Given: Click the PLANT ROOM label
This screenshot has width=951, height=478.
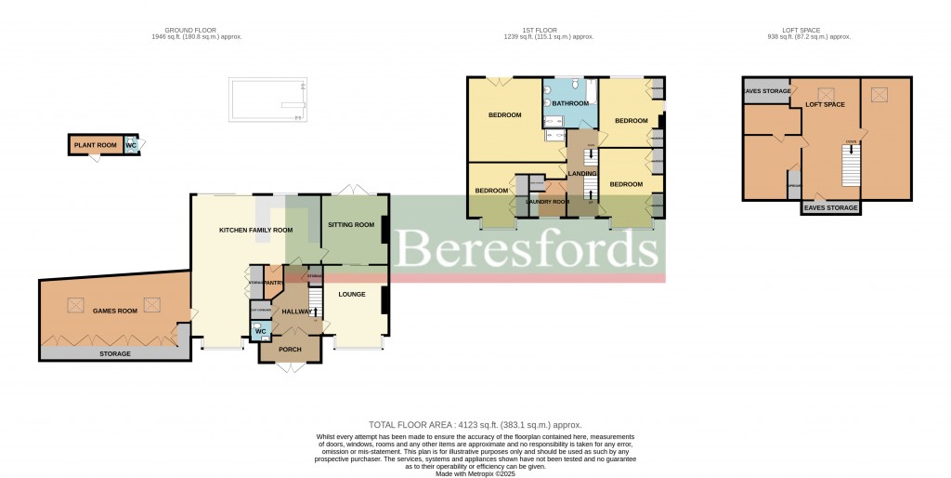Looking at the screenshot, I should point(96,145).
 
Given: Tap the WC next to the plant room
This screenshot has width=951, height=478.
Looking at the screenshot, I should point(131,145).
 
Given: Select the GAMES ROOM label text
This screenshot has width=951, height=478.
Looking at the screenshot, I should point(115,311).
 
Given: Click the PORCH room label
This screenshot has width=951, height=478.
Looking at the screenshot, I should point(292,350).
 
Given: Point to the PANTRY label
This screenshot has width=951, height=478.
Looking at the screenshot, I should point(273,283).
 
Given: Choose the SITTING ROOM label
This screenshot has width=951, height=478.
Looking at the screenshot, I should point(351,224).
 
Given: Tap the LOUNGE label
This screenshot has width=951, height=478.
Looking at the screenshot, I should point(352,294).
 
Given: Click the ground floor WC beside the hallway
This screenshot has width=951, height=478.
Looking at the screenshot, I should point(260,331).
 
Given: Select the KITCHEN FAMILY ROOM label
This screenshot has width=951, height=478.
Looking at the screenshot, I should point(255,230).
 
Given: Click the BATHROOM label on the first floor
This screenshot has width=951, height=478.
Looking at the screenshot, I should point(571,102).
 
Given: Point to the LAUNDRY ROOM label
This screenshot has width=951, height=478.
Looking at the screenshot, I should point(547,201).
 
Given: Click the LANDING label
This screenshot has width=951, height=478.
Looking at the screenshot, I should point(582,174).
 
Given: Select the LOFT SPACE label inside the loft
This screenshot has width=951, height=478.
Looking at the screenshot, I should point(825,104).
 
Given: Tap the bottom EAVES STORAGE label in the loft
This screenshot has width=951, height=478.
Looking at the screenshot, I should point(831,207).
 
